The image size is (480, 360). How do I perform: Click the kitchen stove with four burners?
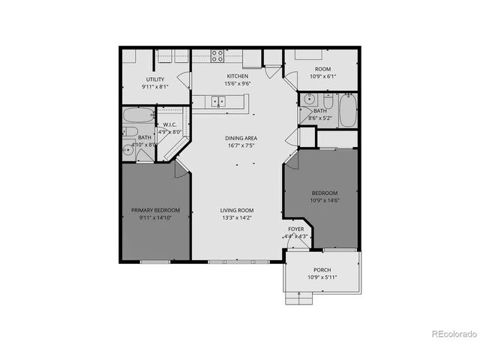217,55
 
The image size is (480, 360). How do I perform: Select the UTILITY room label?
155,79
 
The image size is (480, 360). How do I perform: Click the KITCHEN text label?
238,76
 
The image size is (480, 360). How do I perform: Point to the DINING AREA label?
241,139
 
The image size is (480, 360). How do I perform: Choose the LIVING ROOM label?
237,211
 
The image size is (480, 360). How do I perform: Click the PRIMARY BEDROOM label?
155,211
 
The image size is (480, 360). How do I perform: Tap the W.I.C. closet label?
169,125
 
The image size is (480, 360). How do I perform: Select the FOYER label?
295,229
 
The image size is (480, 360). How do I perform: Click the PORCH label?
322,270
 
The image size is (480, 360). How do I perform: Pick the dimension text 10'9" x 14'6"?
325,200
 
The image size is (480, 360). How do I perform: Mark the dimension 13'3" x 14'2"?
237,219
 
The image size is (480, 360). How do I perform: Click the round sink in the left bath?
129,150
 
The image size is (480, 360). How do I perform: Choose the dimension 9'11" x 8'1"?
155,87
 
